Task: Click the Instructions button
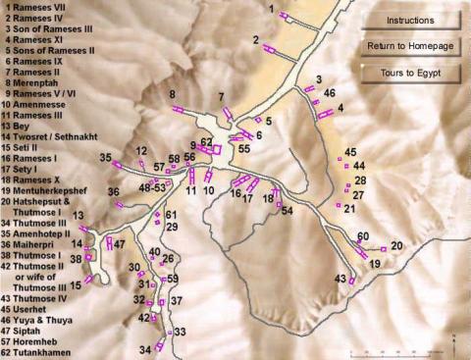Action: [x=409, y=20]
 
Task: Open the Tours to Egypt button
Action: [x=409, y=74]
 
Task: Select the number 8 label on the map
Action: [x=172, y=95]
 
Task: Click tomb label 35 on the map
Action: [x=105, y=157]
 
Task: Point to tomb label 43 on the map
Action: [x=340, y=280]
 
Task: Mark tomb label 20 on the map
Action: [x=396, y=245]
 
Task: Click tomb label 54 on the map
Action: [x=288, y=211]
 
